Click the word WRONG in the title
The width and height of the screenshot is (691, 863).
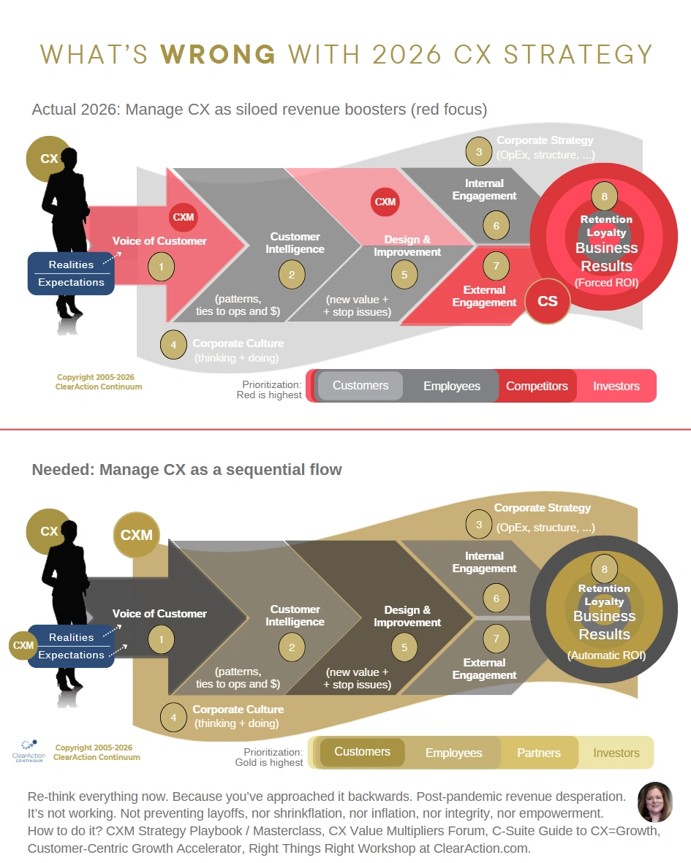tap(218, 55)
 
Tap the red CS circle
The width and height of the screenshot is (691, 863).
tap(547, 301)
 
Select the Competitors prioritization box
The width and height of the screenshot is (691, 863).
tap(537, 386)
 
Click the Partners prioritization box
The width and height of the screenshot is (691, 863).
tap(538, 753)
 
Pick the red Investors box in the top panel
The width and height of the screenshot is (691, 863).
tap(616, 386)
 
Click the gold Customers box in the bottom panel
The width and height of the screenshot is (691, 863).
tap(362, 752)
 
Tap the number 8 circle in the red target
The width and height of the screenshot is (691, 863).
tap(604, 197)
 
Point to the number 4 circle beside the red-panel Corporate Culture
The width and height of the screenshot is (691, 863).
tap(173, 345)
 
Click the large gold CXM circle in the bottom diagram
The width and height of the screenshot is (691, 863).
tap(137, 535)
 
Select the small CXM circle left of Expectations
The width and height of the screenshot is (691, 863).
tap(23, 645)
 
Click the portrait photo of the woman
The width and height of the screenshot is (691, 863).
tap(654, 802)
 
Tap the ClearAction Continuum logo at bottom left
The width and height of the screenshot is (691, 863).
tap(29, 750)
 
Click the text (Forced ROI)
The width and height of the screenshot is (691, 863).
tap(606, 282)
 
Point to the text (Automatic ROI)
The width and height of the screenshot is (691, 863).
tap(606, 655)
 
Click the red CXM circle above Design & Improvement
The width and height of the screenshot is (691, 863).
tap(385, 202)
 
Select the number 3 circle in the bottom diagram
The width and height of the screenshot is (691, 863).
tap(478, 525)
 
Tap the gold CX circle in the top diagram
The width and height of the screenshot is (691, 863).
tap(49, 159)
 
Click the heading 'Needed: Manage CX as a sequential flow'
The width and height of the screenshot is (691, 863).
tap(186, 469)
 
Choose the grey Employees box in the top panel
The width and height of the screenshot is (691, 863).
tap(451, 386)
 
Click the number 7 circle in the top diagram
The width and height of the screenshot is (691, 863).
tap(496, 266)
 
